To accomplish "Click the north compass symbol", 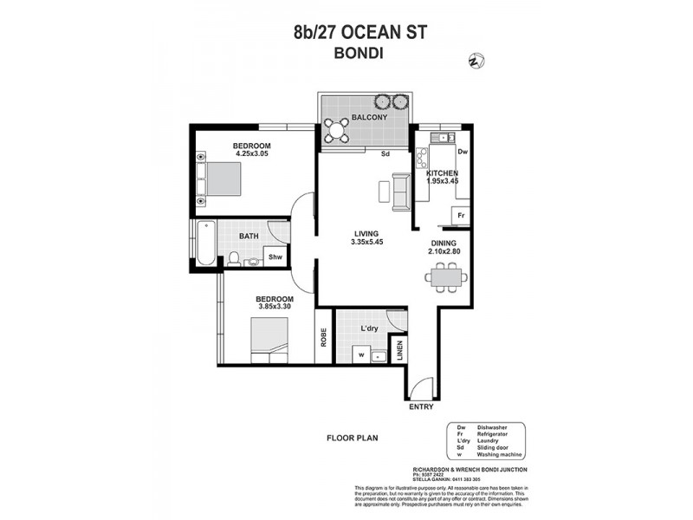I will pyautogui.click(x=476, y=61).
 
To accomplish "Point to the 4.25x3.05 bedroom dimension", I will pyautogui.click(x=253, y=154).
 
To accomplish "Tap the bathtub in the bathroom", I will pyautogui.click(x=204, y=244).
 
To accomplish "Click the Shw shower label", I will pyautogui.click(x=275, y=257).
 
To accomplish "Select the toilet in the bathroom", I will pyautogui.click(x=234, y=257).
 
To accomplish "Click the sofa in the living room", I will pyautogui.click(x=402, y=191).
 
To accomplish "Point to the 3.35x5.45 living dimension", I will pyautogui.click(x=368, y=242).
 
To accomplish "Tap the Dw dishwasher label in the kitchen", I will pyautogui.click(x=462, y=151).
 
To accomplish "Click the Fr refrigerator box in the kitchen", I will pyautogui.click(x=462, y=215).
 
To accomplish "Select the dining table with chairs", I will pyautogui.click(x=447, y=277).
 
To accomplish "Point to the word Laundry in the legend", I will pyautogui.click(x=488, y=439).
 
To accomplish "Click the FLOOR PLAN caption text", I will pyautogui.click(x=350, y=438).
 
